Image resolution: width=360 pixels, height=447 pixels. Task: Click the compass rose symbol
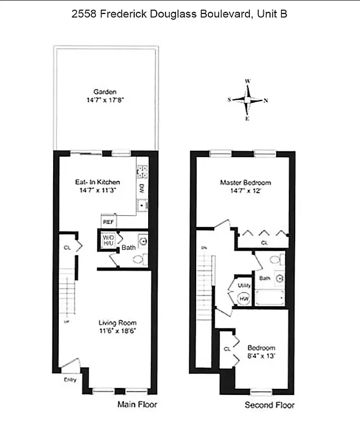247,100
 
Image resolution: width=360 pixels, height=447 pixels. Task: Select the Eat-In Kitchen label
98,182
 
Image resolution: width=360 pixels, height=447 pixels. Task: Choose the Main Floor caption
137,405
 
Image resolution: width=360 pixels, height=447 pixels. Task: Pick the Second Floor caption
269,405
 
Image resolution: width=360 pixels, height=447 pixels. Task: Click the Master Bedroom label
245,183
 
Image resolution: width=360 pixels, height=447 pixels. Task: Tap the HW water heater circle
244,299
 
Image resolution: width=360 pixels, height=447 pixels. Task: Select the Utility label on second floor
244,286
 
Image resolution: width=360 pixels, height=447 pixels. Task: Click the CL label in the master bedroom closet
264,243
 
